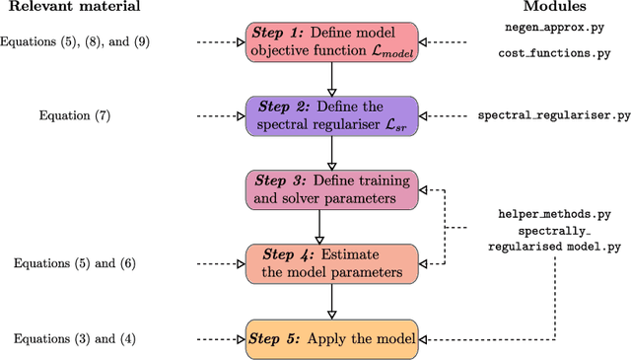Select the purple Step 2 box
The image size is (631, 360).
pyautogui.click(x=333, y=116)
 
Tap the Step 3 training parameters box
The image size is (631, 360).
pyautogui.click(x=333, y=188)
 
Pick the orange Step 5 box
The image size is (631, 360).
pyautogui.click(x=333, y=337)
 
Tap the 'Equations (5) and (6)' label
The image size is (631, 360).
pyautogui.click(x=76, y=263)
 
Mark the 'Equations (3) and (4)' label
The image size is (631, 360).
pyautogui.click(x=76, y=338)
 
